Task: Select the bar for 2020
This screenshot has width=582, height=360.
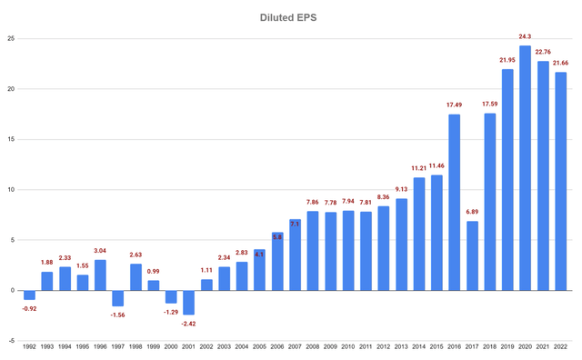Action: (x=526, y=168)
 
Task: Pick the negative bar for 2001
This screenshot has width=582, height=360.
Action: (x=189, y=303)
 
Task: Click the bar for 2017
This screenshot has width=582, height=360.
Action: (x=473, y=255)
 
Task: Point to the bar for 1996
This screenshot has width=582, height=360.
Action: (x=100, y=275)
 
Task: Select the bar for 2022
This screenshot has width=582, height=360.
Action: (x=561, y=181)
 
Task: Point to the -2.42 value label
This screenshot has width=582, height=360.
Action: (x=189, y=324)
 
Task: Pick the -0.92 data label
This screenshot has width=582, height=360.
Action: (x=29, y=308)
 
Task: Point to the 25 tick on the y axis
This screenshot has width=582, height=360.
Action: (x=11, y=39)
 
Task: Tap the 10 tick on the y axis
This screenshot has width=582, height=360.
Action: (x=11, y=190)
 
